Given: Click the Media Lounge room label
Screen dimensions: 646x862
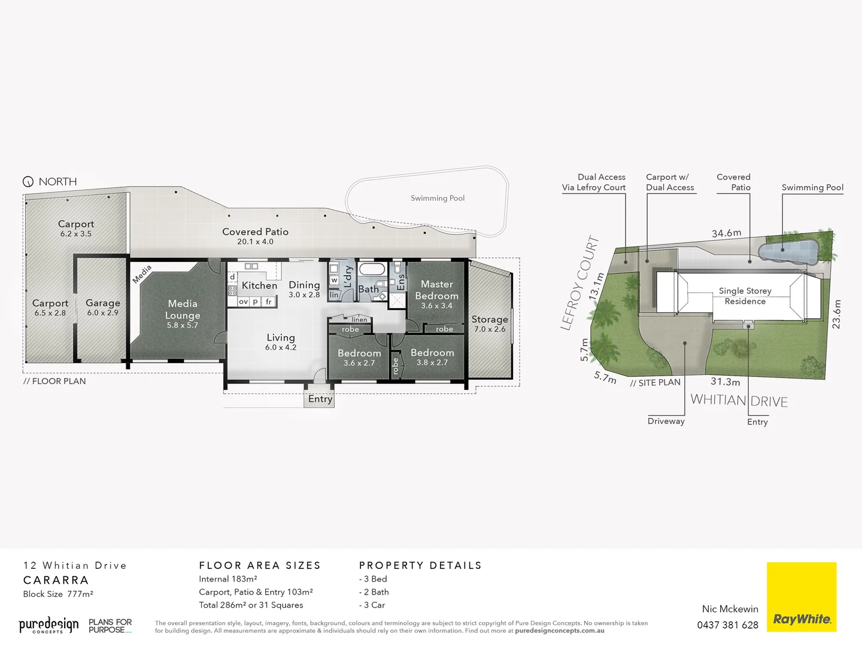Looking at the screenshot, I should [183, 310].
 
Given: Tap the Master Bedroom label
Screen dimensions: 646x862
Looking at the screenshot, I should [436, 290].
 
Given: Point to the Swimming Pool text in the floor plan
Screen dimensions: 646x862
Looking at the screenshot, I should [438, 198].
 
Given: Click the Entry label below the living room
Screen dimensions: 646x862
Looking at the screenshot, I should [320, 399].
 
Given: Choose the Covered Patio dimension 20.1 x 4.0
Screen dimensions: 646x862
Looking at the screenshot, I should [255, 242].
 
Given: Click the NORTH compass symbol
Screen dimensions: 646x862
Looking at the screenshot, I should [28, 182].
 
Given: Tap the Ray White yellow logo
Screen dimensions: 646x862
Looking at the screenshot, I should [801, 596].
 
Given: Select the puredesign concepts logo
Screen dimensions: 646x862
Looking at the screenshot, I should [48, 626].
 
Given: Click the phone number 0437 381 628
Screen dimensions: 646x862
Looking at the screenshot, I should [727, 625].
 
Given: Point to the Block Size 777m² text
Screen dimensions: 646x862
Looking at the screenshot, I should [58, 594].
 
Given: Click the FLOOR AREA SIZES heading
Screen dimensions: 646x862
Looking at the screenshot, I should [260, 565].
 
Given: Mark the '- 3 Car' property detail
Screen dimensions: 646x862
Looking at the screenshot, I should [372, 605].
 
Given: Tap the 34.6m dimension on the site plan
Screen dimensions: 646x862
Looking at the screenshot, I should [726, 233].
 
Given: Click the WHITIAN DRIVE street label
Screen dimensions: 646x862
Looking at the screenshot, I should [739, 400].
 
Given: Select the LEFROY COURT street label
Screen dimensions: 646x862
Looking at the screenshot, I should [579, 282].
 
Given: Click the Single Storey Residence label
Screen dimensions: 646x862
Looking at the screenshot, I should [745, 295].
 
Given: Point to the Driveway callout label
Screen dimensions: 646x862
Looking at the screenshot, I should [666, 421].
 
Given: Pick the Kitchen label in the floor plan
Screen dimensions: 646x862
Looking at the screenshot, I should [259, 286].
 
